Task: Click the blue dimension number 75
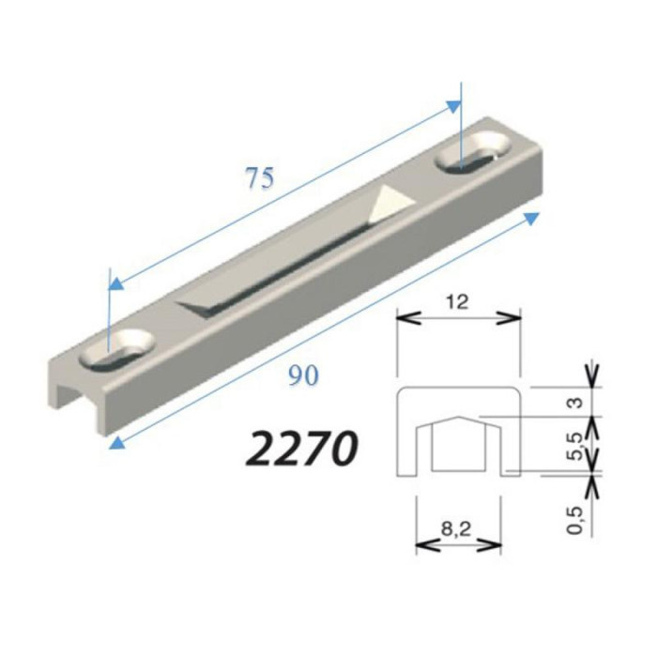pos(259,177)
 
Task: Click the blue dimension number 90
pos(303,375)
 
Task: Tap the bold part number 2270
pos(301,449)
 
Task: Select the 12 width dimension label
pos(457,301)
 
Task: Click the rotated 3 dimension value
pos(576,403)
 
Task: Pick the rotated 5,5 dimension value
pos(576,447)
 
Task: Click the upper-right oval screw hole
pos(472,152)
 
